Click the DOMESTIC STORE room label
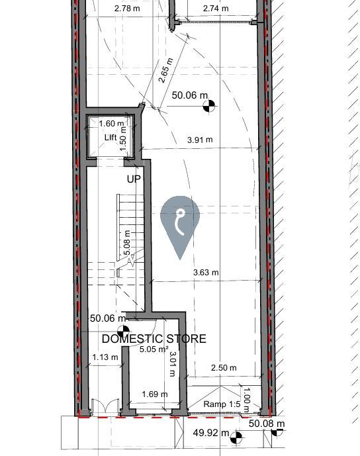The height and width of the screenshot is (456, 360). click(154, 339)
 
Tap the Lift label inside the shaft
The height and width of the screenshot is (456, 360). click(111, 137)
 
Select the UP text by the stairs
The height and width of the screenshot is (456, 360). click(134, 179)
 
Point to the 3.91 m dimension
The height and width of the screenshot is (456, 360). click(200, 140)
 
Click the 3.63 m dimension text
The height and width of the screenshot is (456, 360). click(206, 273)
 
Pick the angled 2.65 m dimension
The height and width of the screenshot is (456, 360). click(166, 70)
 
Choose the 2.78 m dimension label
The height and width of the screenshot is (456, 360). click(127, 9)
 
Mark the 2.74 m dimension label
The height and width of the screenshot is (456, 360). click(216, 9)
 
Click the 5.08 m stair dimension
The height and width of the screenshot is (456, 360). click(127, 243)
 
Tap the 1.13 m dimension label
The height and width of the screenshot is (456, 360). click(105, 357)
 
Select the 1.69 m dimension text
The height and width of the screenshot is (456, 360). click(155, 394)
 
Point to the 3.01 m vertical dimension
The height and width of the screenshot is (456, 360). click(173, 364)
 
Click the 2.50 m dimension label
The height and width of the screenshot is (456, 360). click(224, 367)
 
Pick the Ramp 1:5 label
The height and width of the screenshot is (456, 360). click(222, 404)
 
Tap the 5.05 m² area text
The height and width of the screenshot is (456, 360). click(154, 349)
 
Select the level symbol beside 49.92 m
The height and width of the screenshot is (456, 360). click(236, 437)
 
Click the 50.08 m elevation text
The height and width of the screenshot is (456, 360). click(267, 424)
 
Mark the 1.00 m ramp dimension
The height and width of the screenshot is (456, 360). click(247, 400)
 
